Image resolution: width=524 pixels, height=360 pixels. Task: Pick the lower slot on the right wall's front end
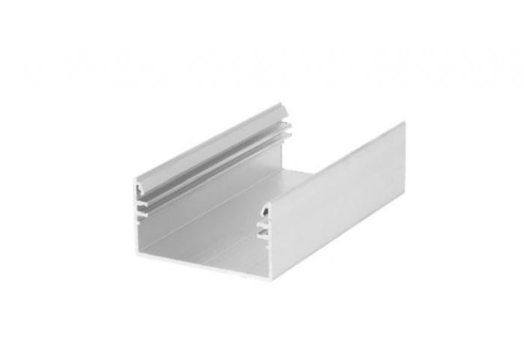tap(264, 234)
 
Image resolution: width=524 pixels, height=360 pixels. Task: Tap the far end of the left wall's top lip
tap(278, 106)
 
